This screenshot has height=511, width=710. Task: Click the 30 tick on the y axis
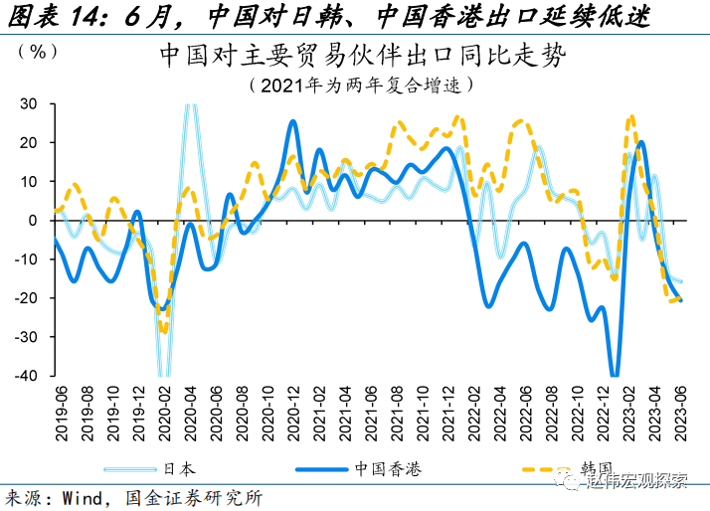(28, 103)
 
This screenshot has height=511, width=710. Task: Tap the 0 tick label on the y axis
(33, 220)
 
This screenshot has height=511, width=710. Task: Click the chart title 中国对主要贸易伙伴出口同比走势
(361, 56)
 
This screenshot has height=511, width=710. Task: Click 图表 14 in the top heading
(50, 16)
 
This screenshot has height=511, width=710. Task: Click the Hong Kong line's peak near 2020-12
(293, 122)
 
